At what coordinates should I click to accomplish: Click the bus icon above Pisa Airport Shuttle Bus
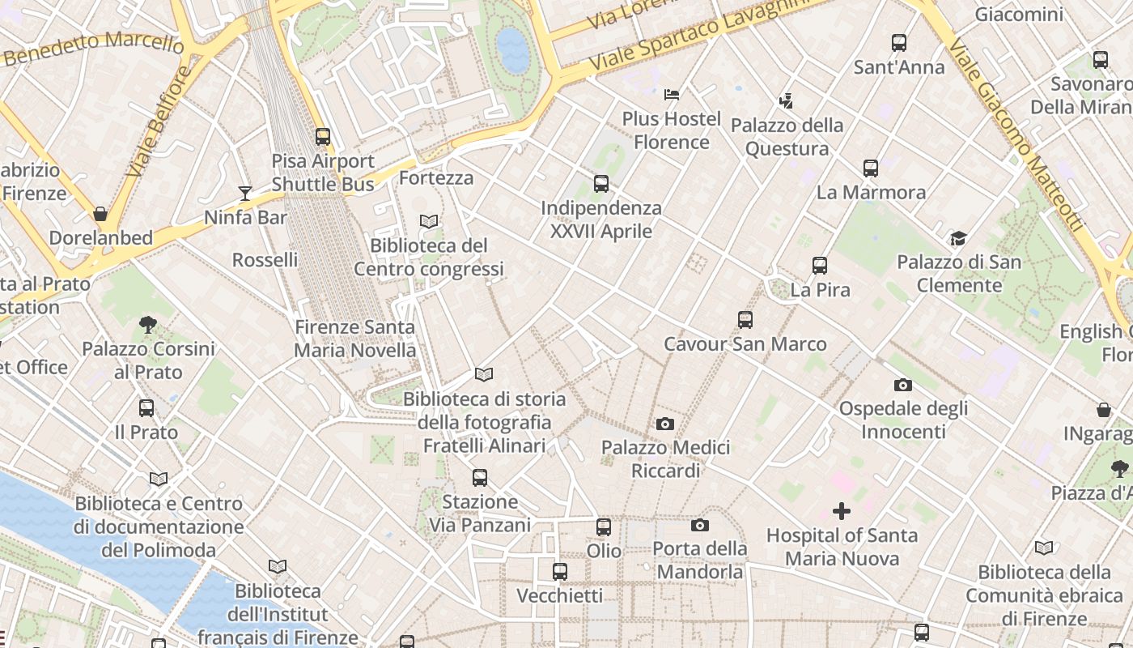point(323,136)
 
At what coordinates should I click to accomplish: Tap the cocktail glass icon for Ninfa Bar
point(245,193)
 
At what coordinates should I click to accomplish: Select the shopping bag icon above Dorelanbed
point(100,214)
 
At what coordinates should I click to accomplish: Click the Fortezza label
point(436,177)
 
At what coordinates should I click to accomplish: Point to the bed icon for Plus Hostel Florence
point(672,95)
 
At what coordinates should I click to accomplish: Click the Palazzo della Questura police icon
point(786,101)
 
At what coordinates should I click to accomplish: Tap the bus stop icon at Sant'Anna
point(898,43)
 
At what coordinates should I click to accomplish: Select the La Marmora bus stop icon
point(871,168)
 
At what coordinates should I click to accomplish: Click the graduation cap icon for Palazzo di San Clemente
point(958,238)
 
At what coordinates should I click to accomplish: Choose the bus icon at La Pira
point(820,266)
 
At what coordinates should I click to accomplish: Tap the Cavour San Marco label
point(745,344)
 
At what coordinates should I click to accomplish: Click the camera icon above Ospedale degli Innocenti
point(903,385)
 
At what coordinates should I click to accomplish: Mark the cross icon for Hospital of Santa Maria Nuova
point(842,511)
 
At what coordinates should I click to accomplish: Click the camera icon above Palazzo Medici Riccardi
point(665,424)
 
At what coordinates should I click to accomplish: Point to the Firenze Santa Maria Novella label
point(354,339)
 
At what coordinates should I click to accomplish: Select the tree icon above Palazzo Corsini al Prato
point(148,325)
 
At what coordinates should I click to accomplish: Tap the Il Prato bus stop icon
point(146,408)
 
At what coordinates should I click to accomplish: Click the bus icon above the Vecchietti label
point(560,572)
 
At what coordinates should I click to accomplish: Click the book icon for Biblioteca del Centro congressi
point(429,221)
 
